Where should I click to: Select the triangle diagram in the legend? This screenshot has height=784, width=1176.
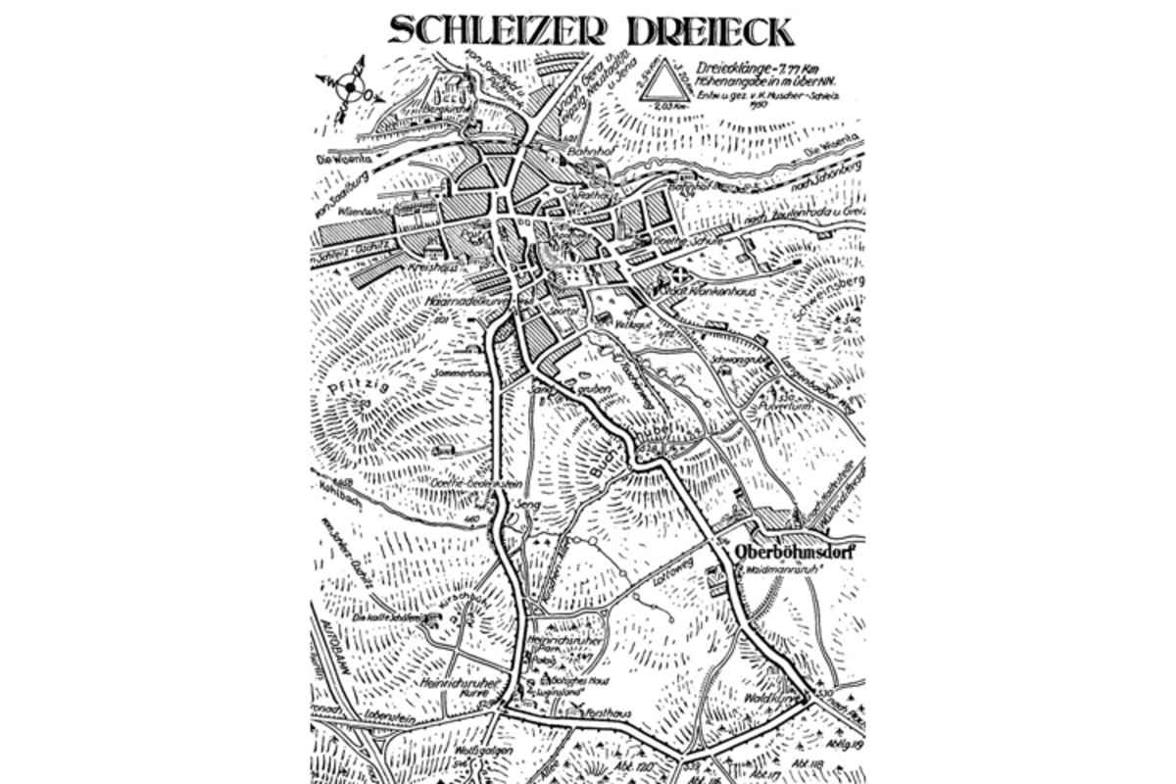pos(666,80)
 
